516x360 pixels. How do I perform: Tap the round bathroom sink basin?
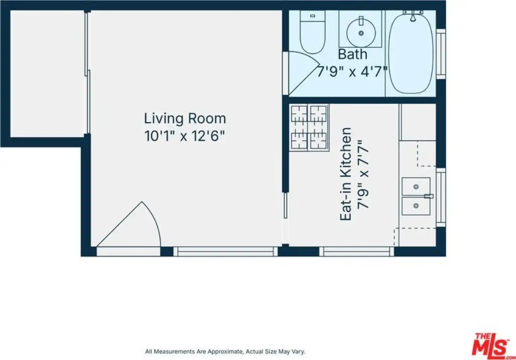click(x=361, y=32)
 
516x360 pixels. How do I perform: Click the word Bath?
click(x=352, y=54)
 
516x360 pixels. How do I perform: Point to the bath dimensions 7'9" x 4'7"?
click(x=352, y=71)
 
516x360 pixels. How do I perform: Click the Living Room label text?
click(x=185, y=118)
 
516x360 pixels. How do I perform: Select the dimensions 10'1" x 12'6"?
click(x=184, y=136)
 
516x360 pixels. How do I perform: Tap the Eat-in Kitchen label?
click(x=346, y=174)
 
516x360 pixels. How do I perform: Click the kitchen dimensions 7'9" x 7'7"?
click(x=364, y=175)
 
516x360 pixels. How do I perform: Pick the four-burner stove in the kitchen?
click(x=309, y=127)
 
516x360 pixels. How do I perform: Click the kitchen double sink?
click(x=416, y=196)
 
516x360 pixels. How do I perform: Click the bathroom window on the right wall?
click(x=441, y=54)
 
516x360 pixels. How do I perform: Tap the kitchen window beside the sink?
click(x=441, y=197)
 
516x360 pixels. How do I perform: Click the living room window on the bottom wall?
click(x=225, y=252)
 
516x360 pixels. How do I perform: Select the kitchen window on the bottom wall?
click(x=357, y=252)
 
